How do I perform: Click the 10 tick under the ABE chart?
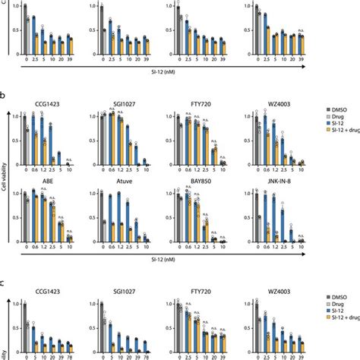[72, 248]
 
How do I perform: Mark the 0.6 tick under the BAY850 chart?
[191, 248]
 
